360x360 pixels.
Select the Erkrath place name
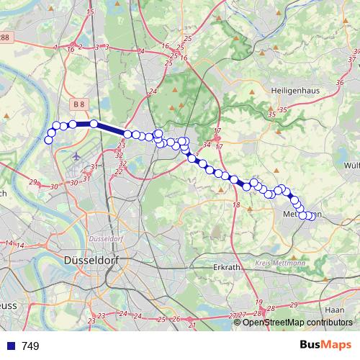[x=230, y=267]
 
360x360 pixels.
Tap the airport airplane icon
[x=76, y=155]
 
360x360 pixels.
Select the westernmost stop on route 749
[x=49, y=140]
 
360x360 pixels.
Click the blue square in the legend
[x=11, y=346]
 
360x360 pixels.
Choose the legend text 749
[x=30, y=346]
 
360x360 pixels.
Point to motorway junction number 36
[x=339, y=83]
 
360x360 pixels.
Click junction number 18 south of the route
[x=236, y=205]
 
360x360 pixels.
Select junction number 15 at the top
[x=89, y=12]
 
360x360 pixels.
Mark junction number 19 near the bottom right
[x=258, y=302]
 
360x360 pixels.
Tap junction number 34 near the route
[x=207, y=145]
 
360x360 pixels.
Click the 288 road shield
[x=4, y=37]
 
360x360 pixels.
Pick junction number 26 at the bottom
[x=176, y=318]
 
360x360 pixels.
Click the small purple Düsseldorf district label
[x=106, y=238]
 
